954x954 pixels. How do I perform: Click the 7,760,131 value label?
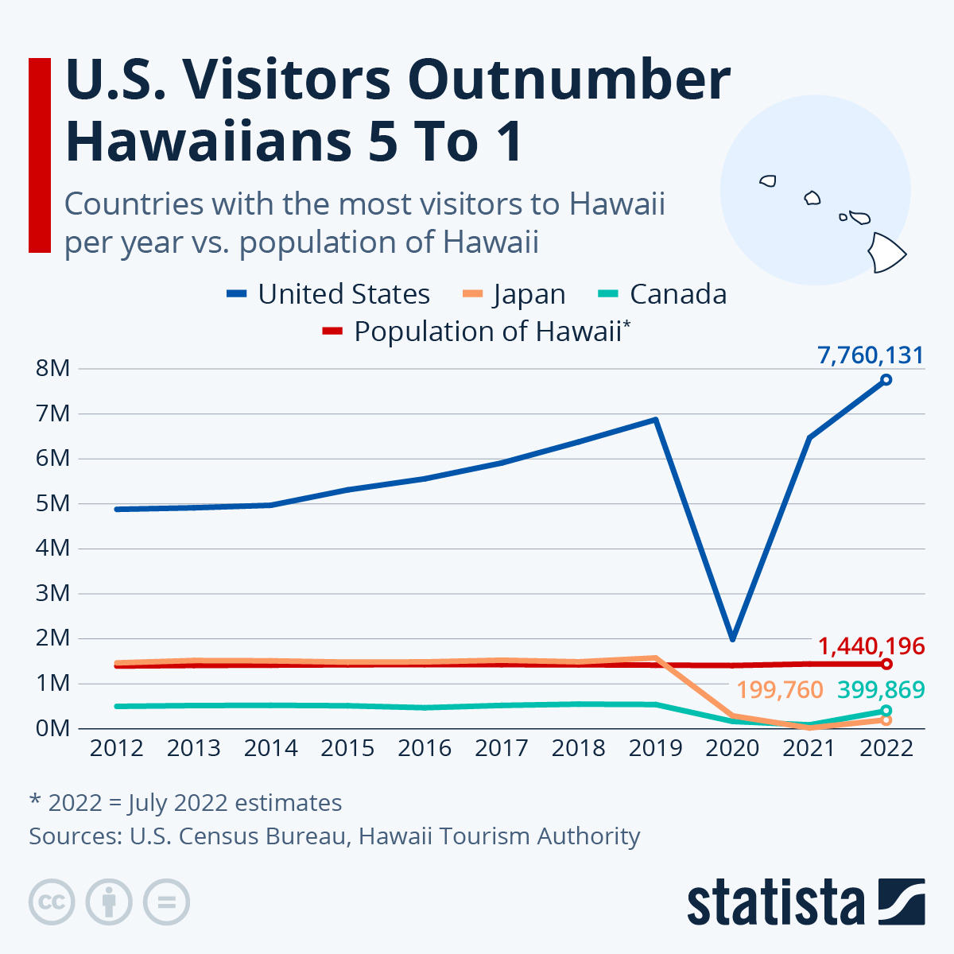click(x=871, y=355)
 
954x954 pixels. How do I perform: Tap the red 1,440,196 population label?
click(x=871, y=646)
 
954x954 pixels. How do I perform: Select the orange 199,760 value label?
click(x=780, y=690)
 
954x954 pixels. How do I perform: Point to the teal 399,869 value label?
click(x=881, y=690)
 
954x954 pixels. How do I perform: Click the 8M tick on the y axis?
click(x=53, y=369)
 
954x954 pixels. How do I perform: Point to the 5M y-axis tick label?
click(x=53, y=503)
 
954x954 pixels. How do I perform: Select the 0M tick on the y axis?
click(x=53, y=728)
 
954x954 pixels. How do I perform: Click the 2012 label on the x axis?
click(x=117, y=748)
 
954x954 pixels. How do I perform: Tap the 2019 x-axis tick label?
click(x=655, y=748)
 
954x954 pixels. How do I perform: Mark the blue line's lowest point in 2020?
click(x=732, y=638)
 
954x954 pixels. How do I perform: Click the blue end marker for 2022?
click(x=886, y=380)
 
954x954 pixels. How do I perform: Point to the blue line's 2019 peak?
click(x=655, y=420)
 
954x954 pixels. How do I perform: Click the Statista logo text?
click(x=775, y=903)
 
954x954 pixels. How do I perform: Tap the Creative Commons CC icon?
click(x=52, y=902)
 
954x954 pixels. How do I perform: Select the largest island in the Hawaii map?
click(x=886, y=252)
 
